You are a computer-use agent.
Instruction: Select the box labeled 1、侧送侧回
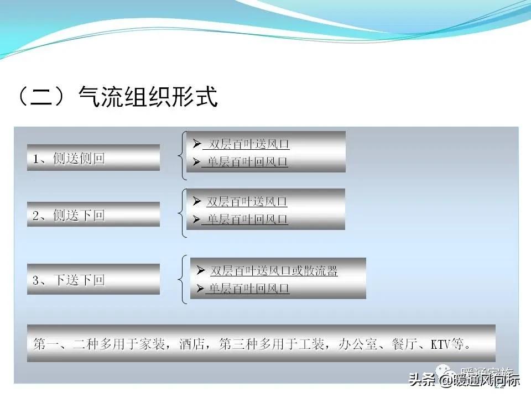pos(93,158)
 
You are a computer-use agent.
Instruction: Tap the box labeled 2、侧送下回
pos(93,215)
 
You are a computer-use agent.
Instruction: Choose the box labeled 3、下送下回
pos(93,280)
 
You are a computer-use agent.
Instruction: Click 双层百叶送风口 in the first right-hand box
pos(247,145)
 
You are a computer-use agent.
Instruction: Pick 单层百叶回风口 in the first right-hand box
pos(245,163)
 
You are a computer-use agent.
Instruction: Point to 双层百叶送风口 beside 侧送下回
pos(247,202)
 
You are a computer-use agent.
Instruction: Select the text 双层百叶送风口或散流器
pos(274,271)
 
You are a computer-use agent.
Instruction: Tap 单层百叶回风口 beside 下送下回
pos(247,289)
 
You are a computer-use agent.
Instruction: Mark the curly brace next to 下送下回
pos(182,279)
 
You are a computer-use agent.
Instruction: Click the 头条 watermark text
pos(421,380)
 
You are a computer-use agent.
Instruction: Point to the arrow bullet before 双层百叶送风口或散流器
pos(200,271)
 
